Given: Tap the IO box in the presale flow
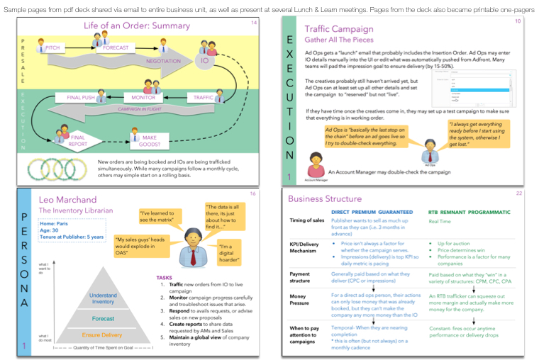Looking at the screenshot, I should coord(204,62).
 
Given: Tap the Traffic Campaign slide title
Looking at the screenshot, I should coord(339,30).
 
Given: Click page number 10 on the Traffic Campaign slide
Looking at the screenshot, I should coord(518,22).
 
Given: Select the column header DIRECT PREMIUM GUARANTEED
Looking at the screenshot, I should coord(372,213).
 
